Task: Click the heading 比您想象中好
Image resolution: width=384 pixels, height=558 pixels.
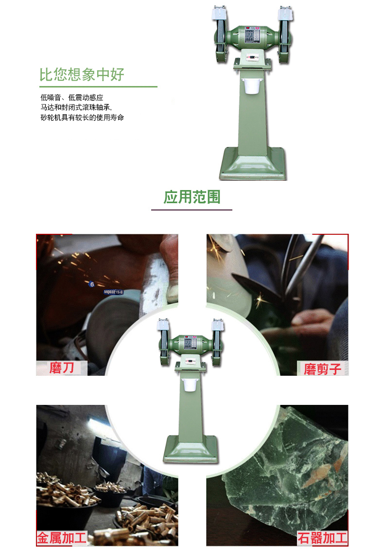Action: tap(82, 75)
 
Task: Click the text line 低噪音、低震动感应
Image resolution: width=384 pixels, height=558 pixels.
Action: tap(72, 98)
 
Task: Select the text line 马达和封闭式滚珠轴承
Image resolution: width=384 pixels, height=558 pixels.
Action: tap(76, 107)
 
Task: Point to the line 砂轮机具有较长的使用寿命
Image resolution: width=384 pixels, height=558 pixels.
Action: tap(82, 118)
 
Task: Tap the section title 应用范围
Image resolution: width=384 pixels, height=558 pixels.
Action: tap(192, 197)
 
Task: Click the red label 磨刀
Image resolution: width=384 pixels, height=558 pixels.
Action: tap(61, 368)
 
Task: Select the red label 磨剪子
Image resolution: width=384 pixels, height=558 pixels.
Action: tap(322, 369)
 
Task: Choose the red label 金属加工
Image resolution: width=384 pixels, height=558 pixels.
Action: tap(62, 538)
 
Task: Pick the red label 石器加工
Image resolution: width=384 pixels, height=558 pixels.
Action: tap(322, 538)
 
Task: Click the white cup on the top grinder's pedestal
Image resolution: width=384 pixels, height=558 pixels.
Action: tap(252, 86)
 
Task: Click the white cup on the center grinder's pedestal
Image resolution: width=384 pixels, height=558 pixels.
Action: tap(189, 384)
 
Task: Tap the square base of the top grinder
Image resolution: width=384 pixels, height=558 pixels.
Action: tap(252, 164)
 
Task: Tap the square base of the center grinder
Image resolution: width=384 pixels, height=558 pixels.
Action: tap(190, 450)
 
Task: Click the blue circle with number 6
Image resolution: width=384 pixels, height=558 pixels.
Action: tap(92, 284)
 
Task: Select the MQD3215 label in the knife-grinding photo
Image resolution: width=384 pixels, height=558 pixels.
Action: tap(114, 292)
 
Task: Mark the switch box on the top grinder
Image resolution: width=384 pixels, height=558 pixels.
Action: tap(252, 56)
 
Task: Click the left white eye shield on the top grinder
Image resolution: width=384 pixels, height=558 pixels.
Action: tap(219, 13)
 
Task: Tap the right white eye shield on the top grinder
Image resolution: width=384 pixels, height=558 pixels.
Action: tap(286, 13)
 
